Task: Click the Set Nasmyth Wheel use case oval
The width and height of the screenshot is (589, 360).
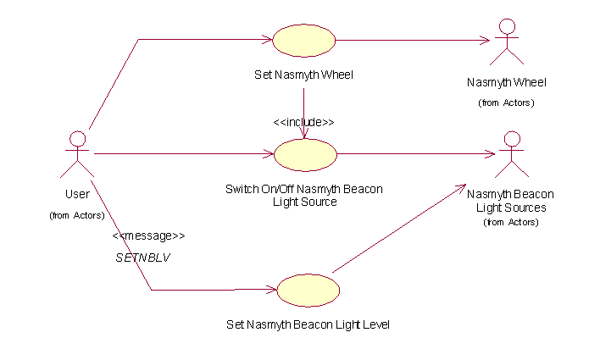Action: click(x=303, y=40)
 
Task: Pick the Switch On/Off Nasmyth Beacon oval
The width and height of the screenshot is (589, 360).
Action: click(x=305, y=154)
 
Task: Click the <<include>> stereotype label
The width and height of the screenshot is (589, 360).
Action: click(x=303, y=122)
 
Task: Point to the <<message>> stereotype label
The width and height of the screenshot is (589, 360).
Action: click(x=147, y=235)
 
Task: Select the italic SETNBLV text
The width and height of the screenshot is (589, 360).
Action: click(x=142, y=257)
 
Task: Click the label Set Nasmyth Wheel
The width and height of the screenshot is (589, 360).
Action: click(x=303, y=75)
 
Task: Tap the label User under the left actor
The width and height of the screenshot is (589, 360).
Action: click(x=77, y=194)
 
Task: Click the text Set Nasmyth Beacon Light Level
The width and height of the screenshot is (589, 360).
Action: click(x=308, y=324)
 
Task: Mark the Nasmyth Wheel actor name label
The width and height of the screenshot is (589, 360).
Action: click(x=507, y=82)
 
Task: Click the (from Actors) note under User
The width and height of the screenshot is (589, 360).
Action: click(x=77, y=215)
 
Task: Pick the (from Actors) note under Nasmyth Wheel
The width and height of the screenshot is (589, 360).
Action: click(x=507, y=102)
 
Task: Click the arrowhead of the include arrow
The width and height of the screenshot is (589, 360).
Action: click(x=303, y=133)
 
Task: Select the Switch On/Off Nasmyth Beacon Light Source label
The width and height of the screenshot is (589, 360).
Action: click(x=304, y=195)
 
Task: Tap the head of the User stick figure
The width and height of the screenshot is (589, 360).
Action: click(x=77, y=138)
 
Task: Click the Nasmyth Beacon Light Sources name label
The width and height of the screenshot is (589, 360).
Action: click(x=510, y=201)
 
